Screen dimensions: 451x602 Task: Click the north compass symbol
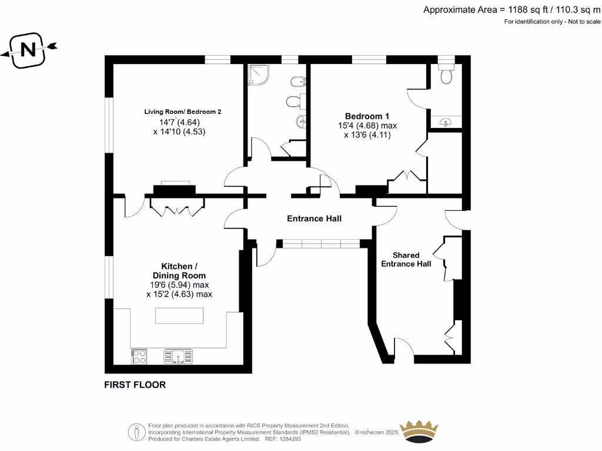[x=28, y=49]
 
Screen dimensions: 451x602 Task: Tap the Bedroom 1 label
[x=367, y=116]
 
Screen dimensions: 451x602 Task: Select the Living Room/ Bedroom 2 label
[x=183, y=112]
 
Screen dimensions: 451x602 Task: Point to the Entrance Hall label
[x=314, y=218]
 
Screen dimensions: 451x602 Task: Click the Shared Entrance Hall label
[x=406, y=260]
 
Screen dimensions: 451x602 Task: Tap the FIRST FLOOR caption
[x=135, y=385]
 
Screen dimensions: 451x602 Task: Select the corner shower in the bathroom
[x=258, y=75]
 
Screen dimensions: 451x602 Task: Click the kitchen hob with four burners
[x=139, y=356]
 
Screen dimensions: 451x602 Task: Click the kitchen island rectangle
[x=179, y=316]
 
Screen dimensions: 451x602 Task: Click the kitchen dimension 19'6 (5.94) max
[x=179, y=285]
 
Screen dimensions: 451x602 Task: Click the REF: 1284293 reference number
[x=283, y=438]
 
